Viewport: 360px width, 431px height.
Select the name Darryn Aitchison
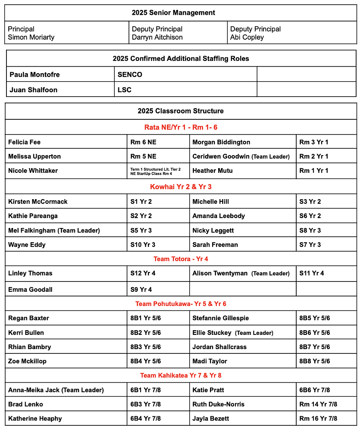pyautogui.click(x=157, y=37)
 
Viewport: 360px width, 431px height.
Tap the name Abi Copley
pyautogui.click(x=247, y=37)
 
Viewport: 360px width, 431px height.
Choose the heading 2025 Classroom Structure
pyautogui.click(x=181, y=111)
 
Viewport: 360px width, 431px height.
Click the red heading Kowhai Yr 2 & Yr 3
pyautogui.click(x=181, y=187)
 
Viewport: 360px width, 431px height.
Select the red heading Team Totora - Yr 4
pyautogui.click(x=181, y=259)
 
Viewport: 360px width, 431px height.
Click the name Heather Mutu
pyautogui.click(x=212, y=171)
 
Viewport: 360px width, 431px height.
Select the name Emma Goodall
pyautogui.click(x=30, y=290)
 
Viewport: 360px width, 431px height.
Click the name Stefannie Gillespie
pyautogui.click(x=220, y=319)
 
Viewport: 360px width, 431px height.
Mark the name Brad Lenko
pyautogui.click(x=25, y=404)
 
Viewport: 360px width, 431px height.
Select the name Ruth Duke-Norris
pyautogui.click(x=218, y=404)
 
